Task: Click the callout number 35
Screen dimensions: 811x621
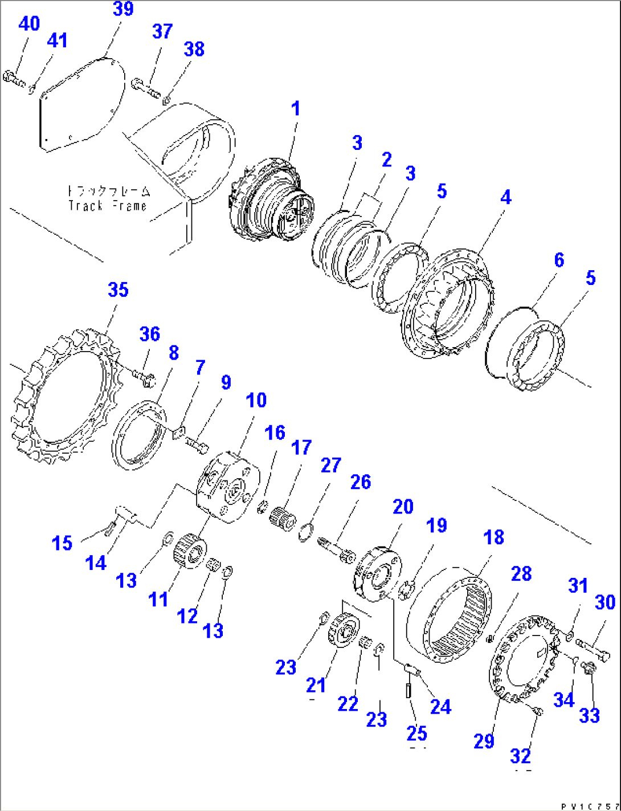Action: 118,290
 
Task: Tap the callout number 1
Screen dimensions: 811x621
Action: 295,108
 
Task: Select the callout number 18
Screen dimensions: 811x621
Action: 493,537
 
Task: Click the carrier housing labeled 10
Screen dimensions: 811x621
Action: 227,488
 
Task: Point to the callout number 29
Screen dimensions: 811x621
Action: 484,741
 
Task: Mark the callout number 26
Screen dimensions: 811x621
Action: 360,482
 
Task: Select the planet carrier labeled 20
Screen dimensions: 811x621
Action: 378,574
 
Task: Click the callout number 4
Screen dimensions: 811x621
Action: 506,198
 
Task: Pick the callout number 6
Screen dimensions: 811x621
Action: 559,260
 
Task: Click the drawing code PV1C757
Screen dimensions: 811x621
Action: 589,806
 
